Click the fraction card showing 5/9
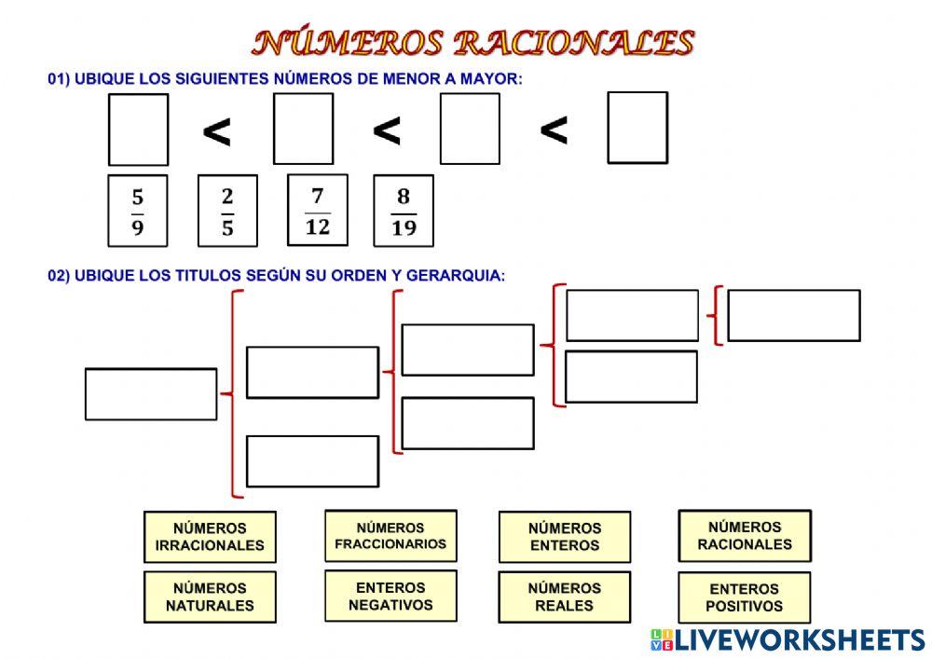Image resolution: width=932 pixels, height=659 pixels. pyautogui.click(x=138, y=211)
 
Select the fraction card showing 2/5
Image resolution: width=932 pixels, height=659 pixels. pyautogui.click(x=227, y=211)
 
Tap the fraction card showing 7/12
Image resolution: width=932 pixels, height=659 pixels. pyautogui.click(x=317, y=210)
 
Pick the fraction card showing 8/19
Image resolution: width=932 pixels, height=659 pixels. pyautogui.click(x=404, y=212)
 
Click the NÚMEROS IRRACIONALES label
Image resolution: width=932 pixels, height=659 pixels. pyautogui.click(x=210, y=536)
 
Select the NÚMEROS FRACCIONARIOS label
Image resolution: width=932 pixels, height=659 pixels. pyautogui.click(x=391, y=535)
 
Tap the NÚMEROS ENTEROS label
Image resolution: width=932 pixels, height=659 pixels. pyautogui.click(x=565, y=536)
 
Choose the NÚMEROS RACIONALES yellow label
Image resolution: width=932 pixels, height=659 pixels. pyautogui.click(x=745, y=535)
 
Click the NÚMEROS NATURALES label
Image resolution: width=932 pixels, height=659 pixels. pyautogui.click(x=210, y=597)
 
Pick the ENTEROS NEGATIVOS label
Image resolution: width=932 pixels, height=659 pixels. pyautogui.click(x=391, y=596)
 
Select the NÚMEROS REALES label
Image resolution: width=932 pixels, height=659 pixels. pyautogui.click(x=565, y=597)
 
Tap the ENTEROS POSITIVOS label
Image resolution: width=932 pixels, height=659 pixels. pyautogui.click(x=745, y=597)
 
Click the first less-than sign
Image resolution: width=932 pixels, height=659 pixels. pyautogui.click(x=217, y=134)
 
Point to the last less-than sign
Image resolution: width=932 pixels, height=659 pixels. pyautogui.click(x=554, y=132)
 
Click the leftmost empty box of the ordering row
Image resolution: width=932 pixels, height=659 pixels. pyautogui.click(x=138, y=130)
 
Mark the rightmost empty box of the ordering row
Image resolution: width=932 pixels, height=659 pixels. pyautogui.click(x=637, y=128)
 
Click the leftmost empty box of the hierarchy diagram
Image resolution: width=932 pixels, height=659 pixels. pyautogui.click(x=151, y=393)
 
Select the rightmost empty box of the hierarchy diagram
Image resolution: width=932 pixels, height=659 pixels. pyautogui.click(x=793, y=315)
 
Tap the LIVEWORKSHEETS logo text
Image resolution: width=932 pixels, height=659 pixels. pyautogui.click(x=800, y=639)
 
